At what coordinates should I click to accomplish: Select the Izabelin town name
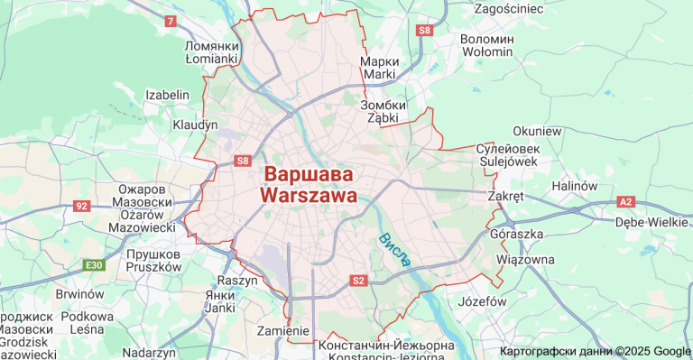click(168, 95)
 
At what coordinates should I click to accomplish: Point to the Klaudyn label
click(196, 124)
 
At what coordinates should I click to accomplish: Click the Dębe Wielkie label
click(651, 222)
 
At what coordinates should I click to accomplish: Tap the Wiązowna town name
click(525, 260)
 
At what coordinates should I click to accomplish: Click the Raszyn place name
click(238, 281)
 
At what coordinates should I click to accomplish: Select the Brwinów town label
click(80, 294)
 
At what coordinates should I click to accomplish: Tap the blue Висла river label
click(395, 250)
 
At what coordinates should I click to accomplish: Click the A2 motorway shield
click(625, 202)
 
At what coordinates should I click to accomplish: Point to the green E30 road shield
click(94, 265)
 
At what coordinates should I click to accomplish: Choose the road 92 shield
click(82, 206)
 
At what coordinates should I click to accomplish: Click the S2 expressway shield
click(358, 281)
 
